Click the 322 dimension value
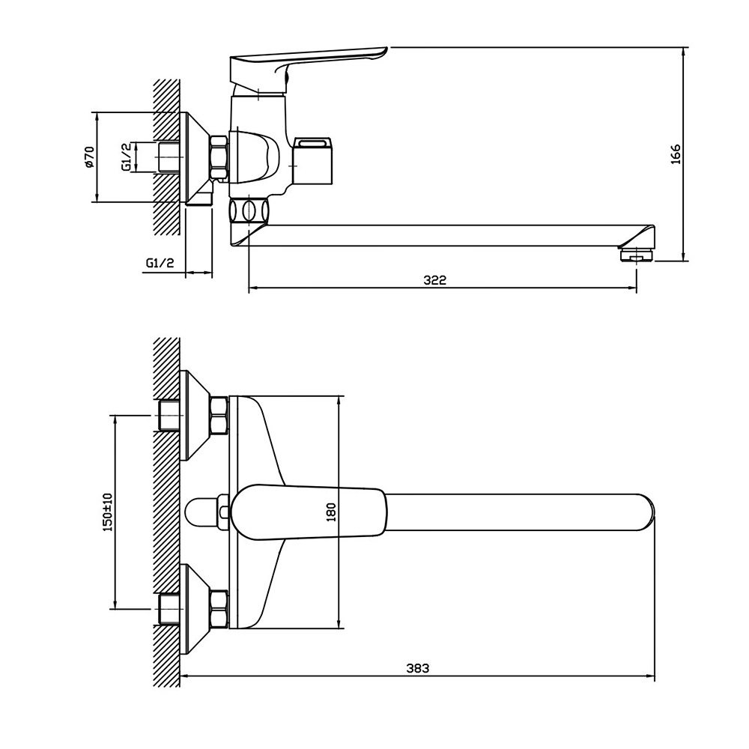pyautogui.click(x=434, y=280)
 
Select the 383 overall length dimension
pyautogui.click(x=418, y=668)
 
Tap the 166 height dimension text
pyautogui.click(x=676, y=154)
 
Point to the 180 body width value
pyautogui.click(x=332, y=512)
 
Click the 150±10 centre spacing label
pyautogui.click(x=107, y=512)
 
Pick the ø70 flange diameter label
pyautogui.click(x=89, y=157)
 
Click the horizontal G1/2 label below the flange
pyautogui.click(x=160, y=263)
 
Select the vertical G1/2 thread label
pyautogui.click(x=126, y=157)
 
